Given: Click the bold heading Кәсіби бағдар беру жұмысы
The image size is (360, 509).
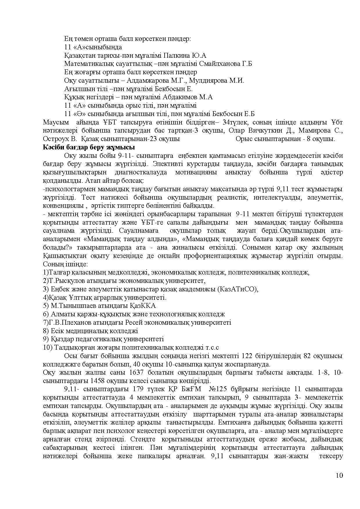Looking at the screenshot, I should click(89, 147).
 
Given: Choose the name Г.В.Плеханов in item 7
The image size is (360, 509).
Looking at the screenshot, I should click(68, 322).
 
